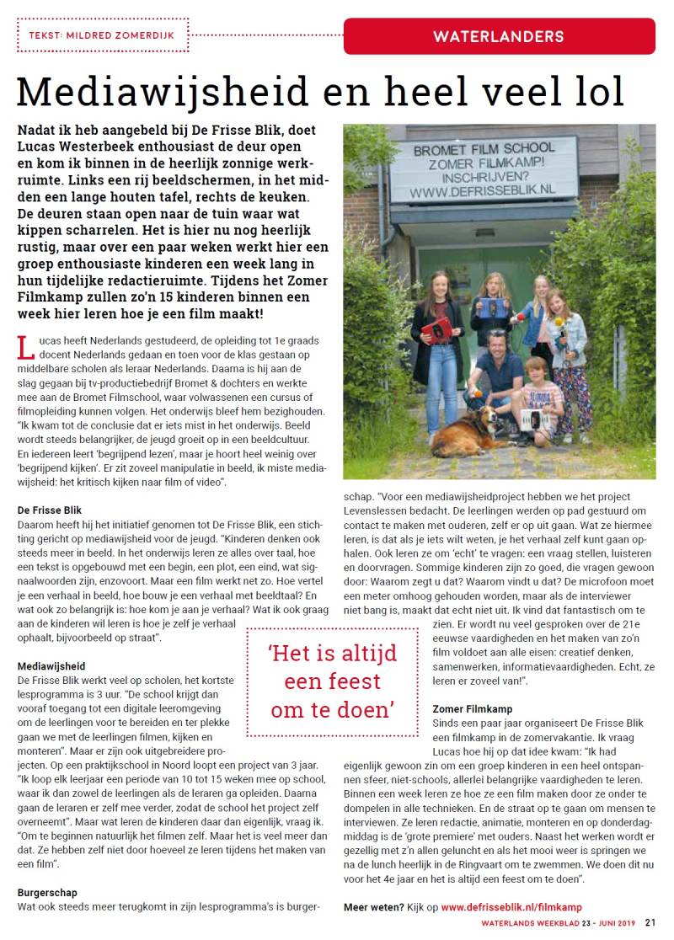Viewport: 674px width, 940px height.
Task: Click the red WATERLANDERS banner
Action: tap(499, 36)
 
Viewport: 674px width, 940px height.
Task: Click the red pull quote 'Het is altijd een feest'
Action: tap(332, 680)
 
